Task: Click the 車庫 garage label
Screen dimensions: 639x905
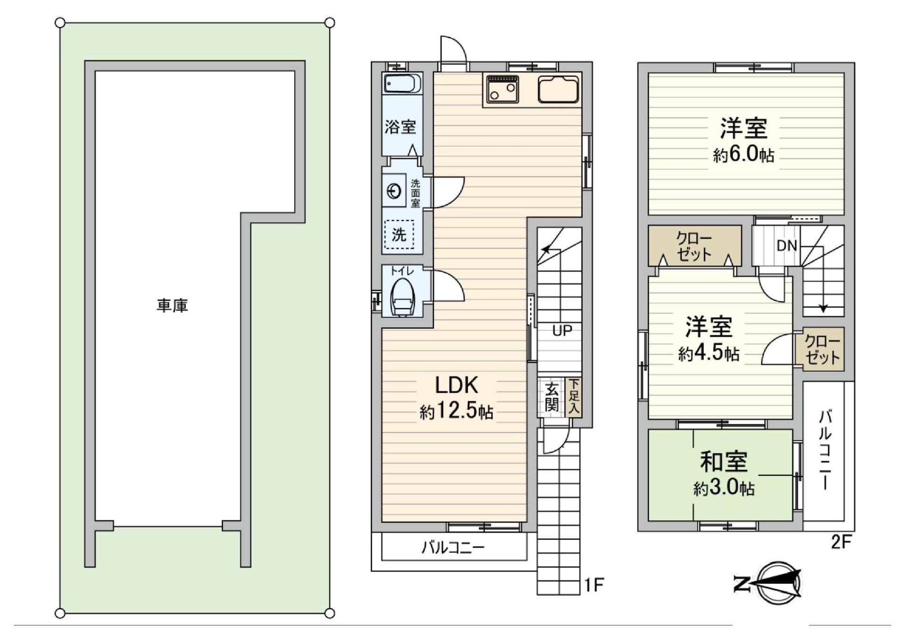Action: click(x=173, y=306)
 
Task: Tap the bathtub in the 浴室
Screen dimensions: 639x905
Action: click(x=402, y=84)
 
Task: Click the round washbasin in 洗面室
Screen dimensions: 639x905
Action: click(x=394, y=191)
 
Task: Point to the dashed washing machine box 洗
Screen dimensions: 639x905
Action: click(x=399, y=234)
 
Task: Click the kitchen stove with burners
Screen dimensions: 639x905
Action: click(x=502, y=89)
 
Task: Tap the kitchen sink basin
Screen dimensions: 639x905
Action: click(x=558, y=90)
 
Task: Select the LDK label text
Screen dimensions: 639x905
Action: click(x=456, y=385)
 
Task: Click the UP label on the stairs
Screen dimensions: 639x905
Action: click(x=561, y=331)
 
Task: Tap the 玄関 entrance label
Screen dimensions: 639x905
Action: click(x=551, y=397)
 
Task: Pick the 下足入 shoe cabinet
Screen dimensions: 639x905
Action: click(x=574, y=397)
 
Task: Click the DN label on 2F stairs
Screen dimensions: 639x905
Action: click(x=786, y=245)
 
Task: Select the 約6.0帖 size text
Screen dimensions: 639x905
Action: click(x=743, y=154)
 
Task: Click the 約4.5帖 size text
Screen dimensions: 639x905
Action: click(x=708, y=353)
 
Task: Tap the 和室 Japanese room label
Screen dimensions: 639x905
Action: click(x=724, y=461)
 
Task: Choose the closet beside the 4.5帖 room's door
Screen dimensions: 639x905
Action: click(x=823, y=350)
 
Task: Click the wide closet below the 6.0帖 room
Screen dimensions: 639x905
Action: click(x=694, y=246)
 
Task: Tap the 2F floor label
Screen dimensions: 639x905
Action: click(x=840, y=542)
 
